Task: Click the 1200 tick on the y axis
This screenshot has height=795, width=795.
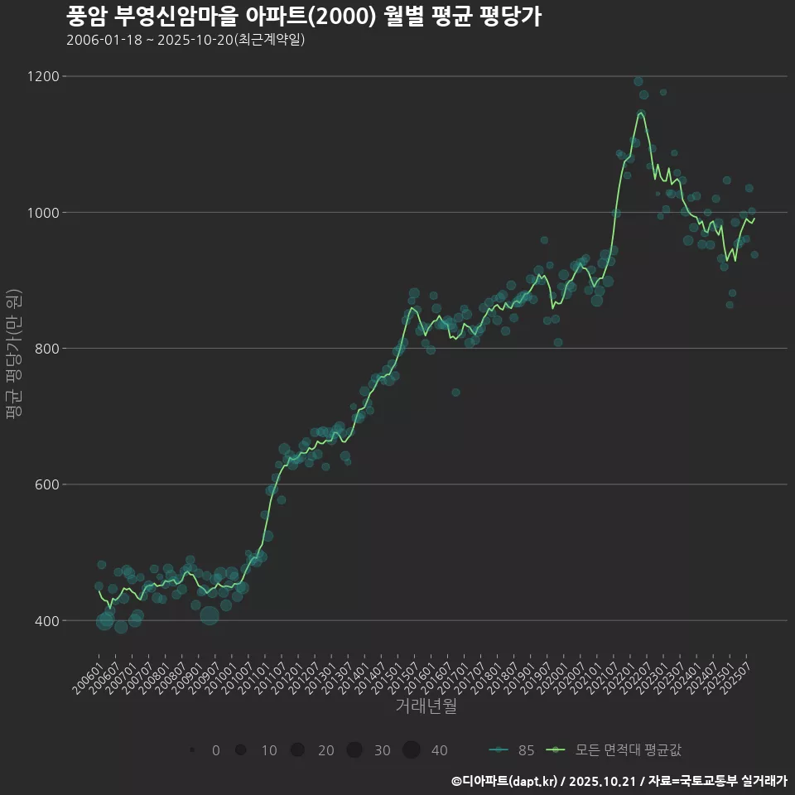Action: click(x=43, y=76)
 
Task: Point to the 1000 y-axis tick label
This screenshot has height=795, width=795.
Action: click(x=43, y=213)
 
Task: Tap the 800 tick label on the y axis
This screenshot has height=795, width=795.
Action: click(x=46, y=349)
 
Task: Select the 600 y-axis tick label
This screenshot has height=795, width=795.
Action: click(x=46, y=484)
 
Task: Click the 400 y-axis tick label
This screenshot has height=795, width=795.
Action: click(x=46, y=620)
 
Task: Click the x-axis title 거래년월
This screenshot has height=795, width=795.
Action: click(x=426, y=706)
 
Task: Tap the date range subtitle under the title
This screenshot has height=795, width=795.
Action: click(x=185, y=40)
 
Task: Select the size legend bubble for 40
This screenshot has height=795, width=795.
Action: click(x=412, y=750)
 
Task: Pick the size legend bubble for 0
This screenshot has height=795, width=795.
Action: click(x=192, y=750)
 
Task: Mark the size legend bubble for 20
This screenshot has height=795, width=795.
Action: click(x=297, y=750)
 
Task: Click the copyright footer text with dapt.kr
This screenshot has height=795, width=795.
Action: click(x=619, y=781)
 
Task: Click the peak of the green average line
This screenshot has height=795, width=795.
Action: click(x=640, y=112)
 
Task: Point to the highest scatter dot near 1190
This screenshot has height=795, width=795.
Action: click(x=638, y=81)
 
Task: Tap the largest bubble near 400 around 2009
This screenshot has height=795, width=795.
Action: click(x=209, y=615)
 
